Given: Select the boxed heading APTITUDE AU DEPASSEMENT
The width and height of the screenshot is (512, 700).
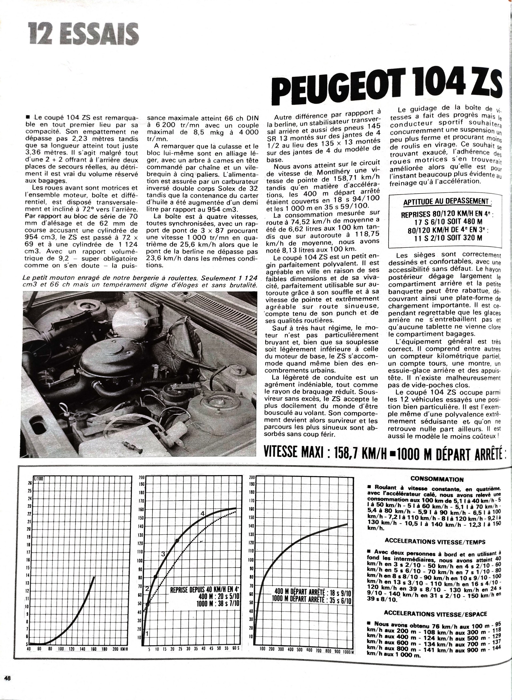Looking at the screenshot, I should click(445, 202).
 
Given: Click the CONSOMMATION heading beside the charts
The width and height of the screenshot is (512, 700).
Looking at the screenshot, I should click(437, 480).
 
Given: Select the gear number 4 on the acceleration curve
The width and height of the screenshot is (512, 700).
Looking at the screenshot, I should click(203, 514).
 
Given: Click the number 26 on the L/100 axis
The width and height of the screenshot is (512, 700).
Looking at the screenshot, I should click(30, 483).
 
